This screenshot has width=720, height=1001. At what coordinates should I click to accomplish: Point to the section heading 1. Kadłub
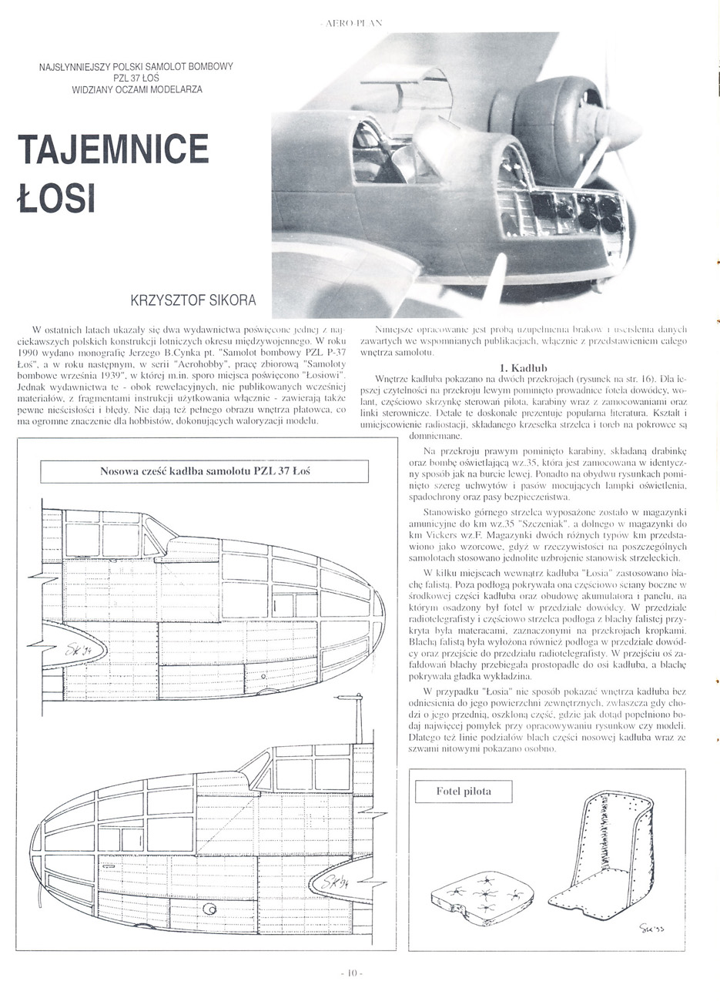(x=523, y=367)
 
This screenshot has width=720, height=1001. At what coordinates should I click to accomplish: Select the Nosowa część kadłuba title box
(x=204, y=470)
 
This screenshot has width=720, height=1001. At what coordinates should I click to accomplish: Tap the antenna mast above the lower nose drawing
(x=359, y=720)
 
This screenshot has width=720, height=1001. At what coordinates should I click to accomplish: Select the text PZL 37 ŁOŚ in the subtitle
(x=137, y=78)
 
